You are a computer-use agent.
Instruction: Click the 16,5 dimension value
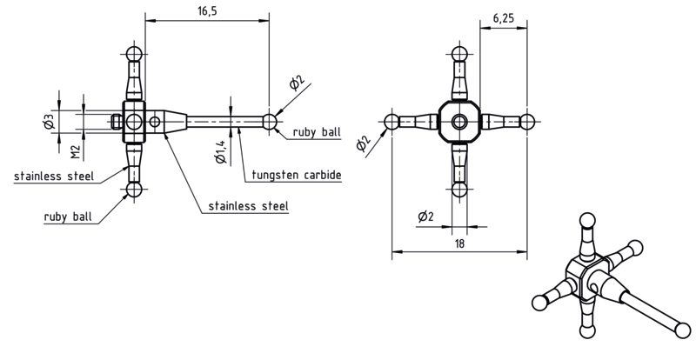point(207,11)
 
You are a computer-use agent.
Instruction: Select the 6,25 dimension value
point(504,18)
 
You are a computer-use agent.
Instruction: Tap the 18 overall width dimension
point(459,243)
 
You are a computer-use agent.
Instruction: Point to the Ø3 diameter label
point(50,122)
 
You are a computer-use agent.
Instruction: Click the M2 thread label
point(76,152)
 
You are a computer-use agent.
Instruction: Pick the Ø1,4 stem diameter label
point(221,151)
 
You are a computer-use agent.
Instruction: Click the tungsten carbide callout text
point(297,175)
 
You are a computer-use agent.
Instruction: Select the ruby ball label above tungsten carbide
point(317,132)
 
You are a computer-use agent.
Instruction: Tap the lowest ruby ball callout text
point(68,217)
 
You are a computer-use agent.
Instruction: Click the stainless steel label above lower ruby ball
point(54,177)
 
